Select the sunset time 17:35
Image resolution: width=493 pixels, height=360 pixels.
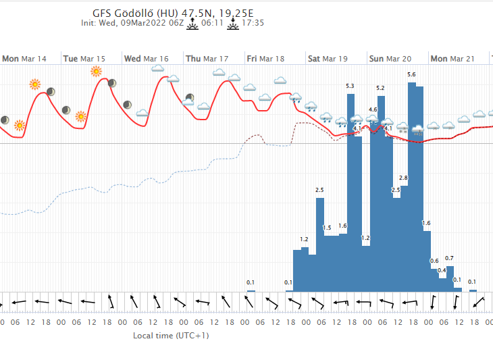coord(253,22)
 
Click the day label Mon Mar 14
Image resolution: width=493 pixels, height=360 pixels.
coord(24,59)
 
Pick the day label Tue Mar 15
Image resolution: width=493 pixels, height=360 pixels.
coord(84,59)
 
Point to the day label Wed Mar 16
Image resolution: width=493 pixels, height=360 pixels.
coord(147,59)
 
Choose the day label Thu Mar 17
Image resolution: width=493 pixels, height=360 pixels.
coord(207,59)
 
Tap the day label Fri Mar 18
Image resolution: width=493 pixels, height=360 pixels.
coord(265,59)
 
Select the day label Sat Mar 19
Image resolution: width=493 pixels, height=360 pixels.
coord(328,59)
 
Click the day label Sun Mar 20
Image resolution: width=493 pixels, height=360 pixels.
coord(390,59)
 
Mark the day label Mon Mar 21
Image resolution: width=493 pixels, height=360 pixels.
coord(452,59)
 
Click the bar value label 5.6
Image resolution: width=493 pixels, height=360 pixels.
coord(411,74)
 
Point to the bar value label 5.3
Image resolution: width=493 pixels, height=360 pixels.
coord(350,86)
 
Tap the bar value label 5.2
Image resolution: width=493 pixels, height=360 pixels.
coord(380,88)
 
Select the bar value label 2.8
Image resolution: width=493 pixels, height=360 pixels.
coord(403,178)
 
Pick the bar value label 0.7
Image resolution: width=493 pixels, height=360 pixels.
coord(449,258)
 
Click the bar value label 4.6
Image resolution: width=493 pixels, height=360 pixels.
coord(373,109)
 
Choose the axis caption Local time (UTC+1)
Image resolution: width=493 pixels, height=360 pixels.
coord(171,336)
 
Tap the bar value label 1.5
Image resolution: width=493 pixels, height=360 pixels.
coord(327,228)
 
